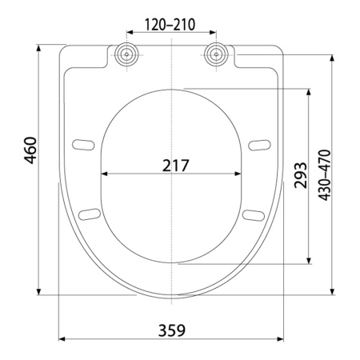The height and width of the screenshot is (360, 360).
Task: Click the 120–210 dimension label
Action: tap(170, 23)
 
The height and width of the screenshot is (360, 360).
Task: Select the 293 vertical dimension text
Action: tap(299, 174)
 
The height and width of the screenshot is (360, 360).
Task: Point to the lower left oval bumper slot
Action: tap(89, 214)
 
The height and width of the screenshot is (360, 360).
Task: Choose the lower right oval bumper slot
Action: tap(253, 214)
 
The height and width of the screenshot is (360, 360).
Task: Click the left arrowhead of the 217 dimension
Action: tap(102, 174)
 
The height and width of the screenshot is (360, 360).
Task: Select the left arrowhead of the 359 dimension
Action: tap(61, 339)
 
